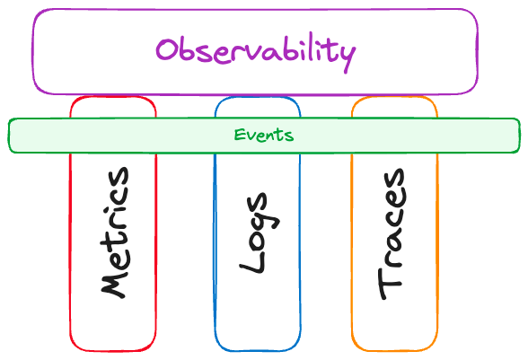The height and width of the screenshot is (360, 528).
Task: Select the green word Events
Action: (264, 135)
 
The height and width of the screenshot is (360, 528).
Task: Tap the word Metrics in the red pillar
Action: (115, 233)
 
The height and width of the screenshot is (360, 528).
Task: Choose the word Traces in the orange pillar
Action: (392, 233)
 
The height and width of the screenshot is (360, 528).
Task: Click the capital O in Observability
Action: (166, 49)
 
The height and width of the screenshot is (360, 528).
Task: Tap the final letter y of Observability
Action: (346, 57)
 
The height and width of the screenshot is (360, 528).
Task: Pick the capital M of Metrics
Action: (114, 284)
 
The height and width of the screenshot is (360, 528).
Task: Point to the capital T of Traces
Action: (391, 284)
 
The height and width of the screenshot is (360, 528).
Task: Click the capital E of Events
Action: (240, 135)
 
